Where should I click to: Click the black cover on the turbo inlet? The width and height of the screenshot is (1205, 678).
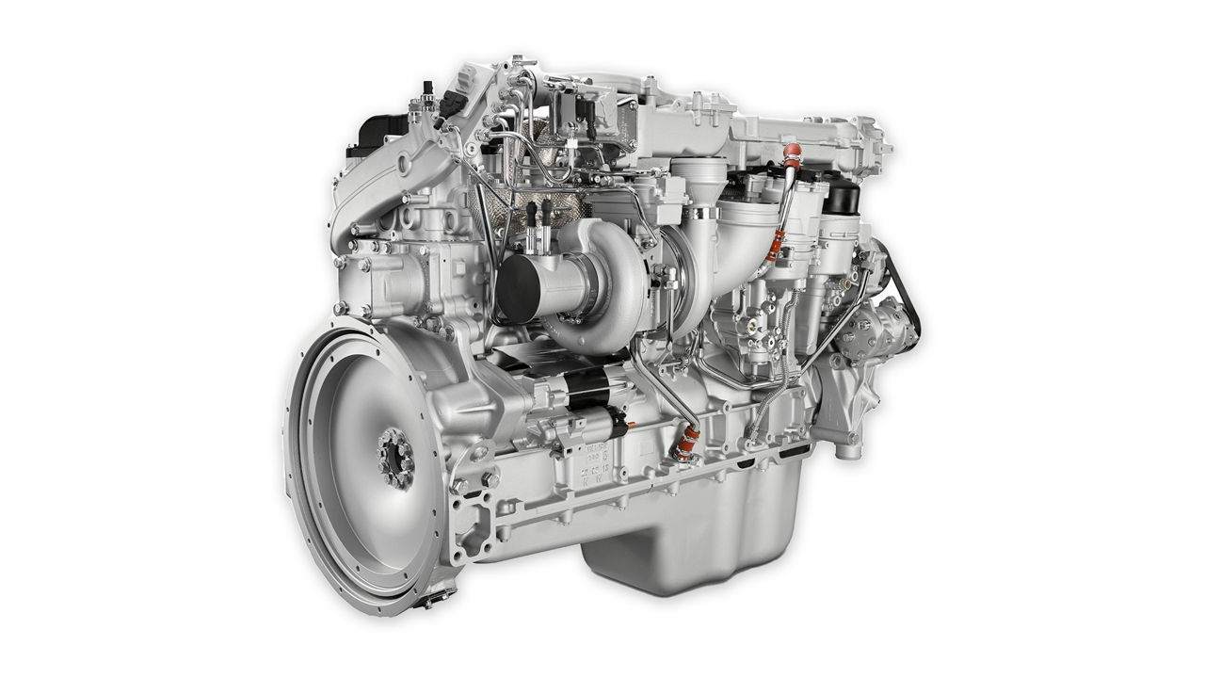pyautogui.click(x=519, y=286)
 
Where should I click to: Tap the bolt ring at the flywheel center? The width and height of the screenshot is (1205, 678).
pyautogui.click(x=395, y=458)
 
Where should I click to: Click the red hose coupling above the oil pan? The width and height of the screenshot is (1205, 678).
pyautogui.click(x=689, y=441)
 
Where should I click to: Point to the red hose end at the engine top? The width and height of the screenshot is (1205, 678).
pyautogui.click(x=792, y=155)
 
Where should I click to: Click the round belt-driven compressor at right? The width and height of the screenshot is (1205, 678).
pyautogui.click(x=880, y=330)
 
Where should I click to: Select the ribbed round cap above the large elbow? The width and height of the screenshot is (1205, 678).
pyautogui.click(x=699, y=175)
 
